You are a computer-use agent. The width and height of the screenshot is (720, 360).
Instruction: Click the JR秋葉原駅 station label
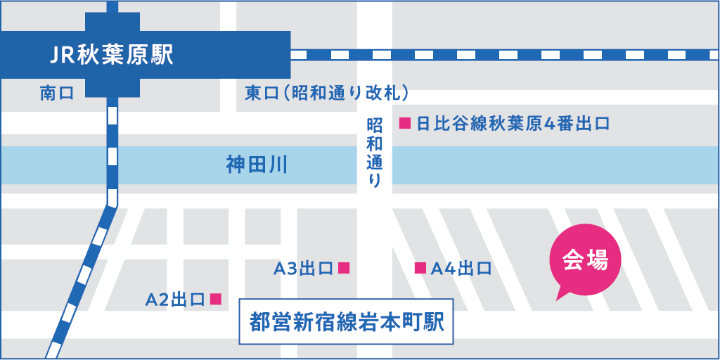pyautogui.click(x=112, y=55)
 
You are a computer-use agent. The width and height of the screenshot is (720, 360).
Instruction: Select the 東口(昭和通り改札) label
pyautogui.click(x=327, y=94)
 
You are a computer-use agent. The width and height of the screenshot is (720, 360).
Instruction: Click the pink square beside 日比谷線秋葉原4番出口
pyautogui.click(x=404, y=124)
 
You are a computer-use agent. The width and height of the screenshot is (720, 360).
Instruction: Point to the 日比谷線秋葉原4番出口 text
pyautogui.click(x=513, y=124)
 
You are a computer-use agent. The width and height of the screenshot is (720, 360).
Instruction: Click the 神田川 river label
pyautogui.click(x=257, y=165)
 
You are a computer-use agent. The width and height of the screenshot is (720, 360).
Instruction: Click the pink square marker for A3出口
pyautogui.click(x=344, y=267)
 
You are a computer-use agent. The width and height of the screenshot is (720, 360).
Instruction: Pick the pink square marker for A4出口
pyautogui.click(x=420, y=267)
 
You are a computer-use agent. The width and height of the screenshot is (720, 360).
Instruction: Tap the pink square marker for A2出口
pyautogui.click(x=216, y=299)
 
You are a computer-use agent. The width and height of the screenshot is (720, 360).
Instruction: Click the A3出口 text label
pyautogui.click(x=302, y=268)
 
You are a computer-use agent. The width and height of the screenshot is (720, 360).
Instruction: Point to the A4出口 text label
pyautogui.click(x=461, y=268)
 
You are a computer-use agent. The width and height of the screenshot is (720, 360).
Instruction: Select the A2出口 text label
pyautogui.click(x=175, y=300)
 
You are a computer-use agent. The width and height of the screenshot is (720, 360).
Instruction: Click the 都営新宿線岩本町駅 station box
pyautogui.click(x=345, y=323)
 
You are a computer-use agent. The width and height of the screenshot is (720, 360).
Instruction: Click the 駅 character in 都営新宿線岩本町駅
pyautogui.click(x=434, y=323)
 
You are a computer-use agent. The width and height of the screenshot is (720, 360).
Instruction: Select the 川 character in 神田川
pyautogui.click(x=278, y=165)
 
